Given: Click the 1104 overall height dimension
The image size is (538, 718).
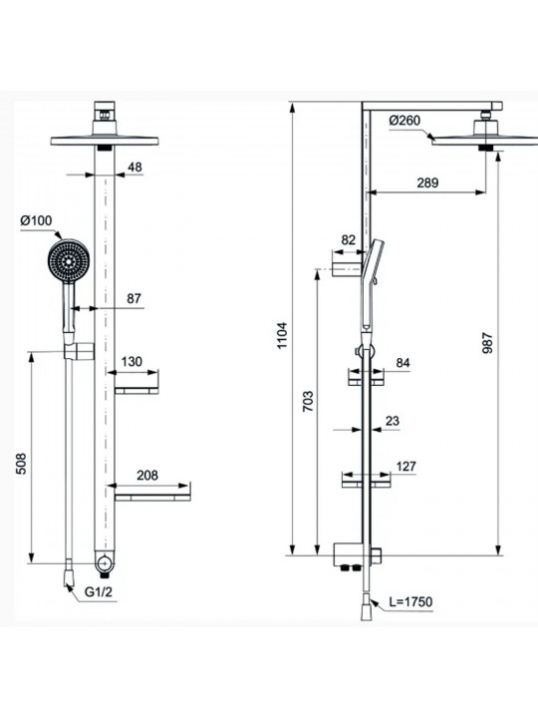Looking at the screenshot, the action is pos(282,336).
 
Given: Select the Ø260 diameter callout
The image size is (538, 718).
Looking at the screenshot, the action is pos(404,121).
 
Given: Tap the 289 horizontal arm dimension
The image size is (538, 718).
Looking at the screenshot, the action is pos(427,182).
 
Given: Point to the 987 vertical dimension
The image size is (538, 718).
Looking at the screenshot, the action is pos(487,342).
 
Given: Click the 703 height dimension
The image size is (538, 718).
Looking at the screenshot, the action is pos(308,401).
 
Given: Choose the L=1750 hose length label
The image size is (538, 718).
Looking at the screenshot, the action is pos(410,601).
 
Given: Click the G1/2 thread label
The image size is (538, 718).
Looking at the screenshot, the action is pos(99,591).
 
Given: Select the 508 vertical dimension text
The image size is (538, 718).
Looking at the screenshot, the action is pos(22,464).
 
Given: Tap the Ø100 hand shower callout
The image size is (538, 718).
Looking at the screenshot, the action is pos(36,220).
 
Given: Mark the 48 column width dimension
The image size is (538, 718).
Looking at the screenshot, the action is pos(134,168).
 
